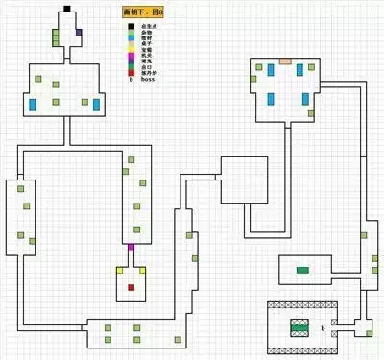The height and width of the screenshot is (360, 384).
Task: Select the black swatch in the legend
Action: click(x=131, y=27)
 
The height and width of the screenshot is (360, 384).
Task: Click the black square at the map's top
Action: click(x=67, y=10)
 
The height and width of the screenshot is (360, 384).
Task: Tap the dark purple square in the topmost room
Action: click(x=79, y=32)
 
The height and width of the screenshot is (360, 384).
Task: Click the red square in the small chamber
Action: click(x=132, y=286)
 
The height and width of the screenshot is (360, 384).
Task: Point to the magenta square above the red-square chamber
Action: click(x=132, y=249)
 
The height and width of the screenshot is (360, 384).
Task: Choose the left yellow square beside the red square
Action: click(x=119, y=272)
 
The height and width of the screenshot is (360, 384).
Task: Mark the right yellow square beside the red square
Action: click(x=144, y=272)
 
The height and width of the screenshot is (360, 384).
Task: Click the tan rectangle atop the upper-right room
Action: click(x=285, y=60)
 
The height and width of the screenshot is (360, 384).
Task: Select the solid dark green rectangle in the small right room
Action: click(x=303, y=270)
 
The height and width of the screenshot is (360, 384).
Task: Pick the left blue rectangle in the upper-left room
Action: click(x=34, y=104)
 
